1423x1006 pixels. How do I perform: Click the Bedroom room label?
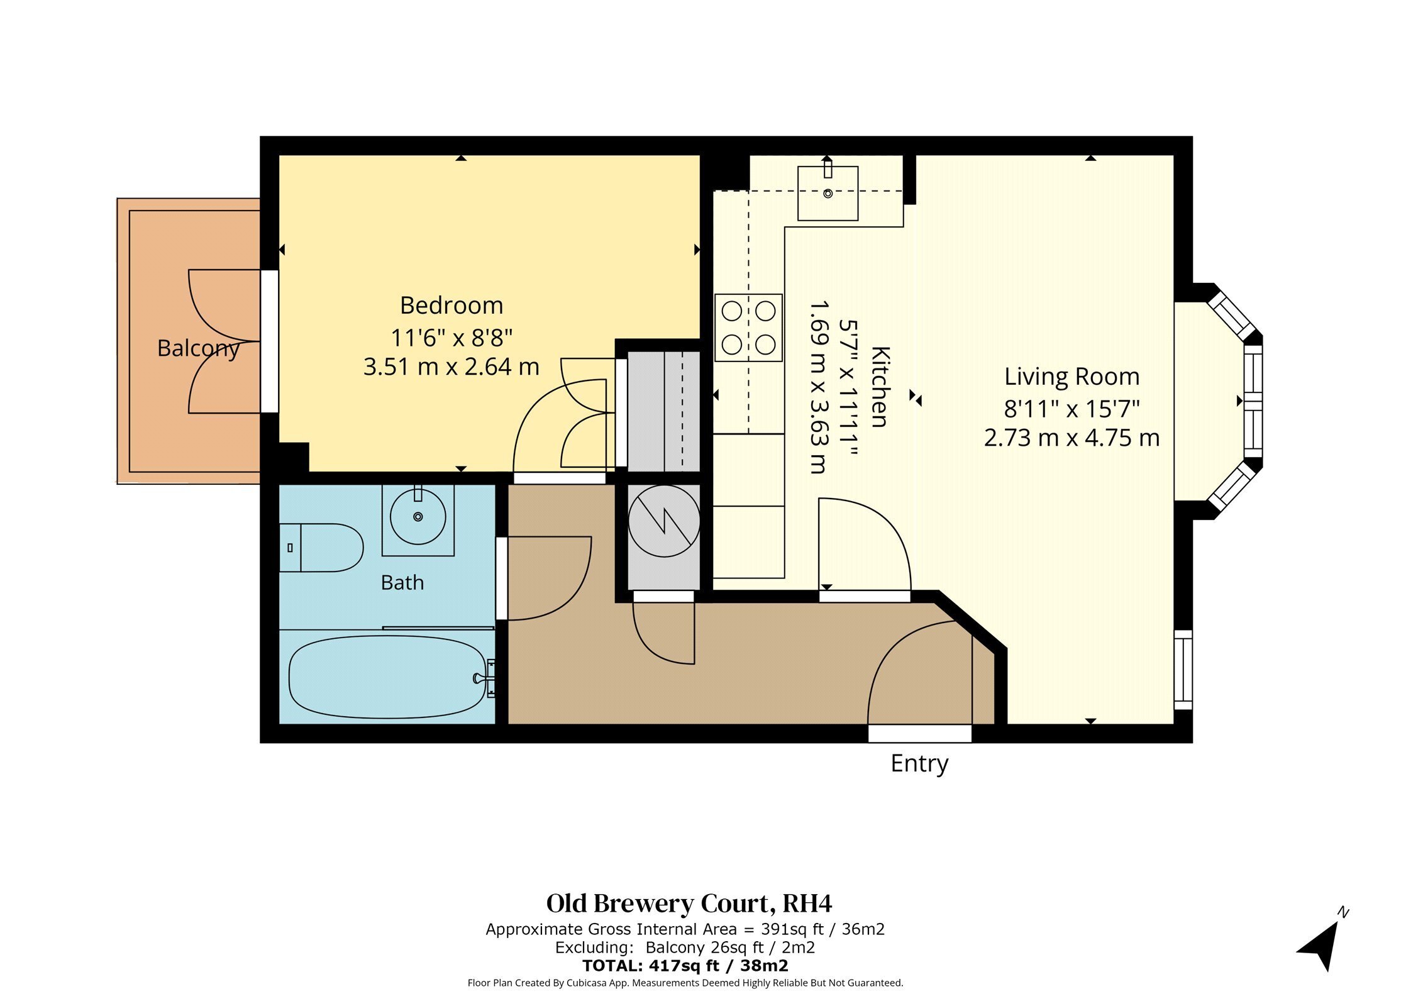click(451, 306)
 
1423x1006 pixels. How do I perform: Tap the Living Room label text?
click(1071, 377)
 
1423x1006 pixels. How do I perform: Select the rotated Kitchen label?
click(880, 387)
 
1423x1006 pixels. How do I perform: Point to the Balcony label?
click(199, 348)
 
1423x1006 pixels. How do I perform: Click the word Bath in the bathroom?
click(402, 583)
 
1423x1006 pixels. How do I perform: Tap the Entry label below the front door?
click(919, 764)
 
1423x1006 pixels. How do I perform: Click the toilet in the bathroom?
click(321, 548)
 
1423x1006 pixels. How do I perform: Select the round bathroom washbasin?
click(418, 517)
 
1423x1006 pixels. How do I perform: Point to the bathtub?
click(388, 677)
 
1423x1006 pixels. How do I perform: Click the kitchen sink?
click(828, 193)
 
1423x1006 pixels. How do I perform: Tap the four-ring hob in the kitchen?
click(748, 328)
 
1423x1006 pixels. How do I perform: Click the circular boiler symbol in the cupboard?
click(664, 521)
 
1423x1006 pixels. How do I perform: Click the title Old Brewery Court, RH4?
click(689, 904)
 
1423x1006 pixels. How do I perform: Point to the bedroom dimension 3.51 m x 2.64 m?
click(451, 367)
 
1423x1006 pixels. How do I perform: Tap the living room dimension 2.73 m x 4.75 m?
click(1071, 438)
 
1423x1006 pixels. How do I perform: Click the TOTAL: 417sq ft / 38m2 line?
click(685, 966)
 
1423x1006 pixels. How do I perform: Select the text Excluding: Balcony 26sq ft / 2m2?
click(685, 948)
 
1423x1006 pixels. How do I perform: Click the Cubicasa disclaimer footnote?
click(685, 983)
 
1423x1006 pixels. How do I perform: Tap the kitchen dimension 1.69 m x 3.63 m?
click(817, 387)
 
